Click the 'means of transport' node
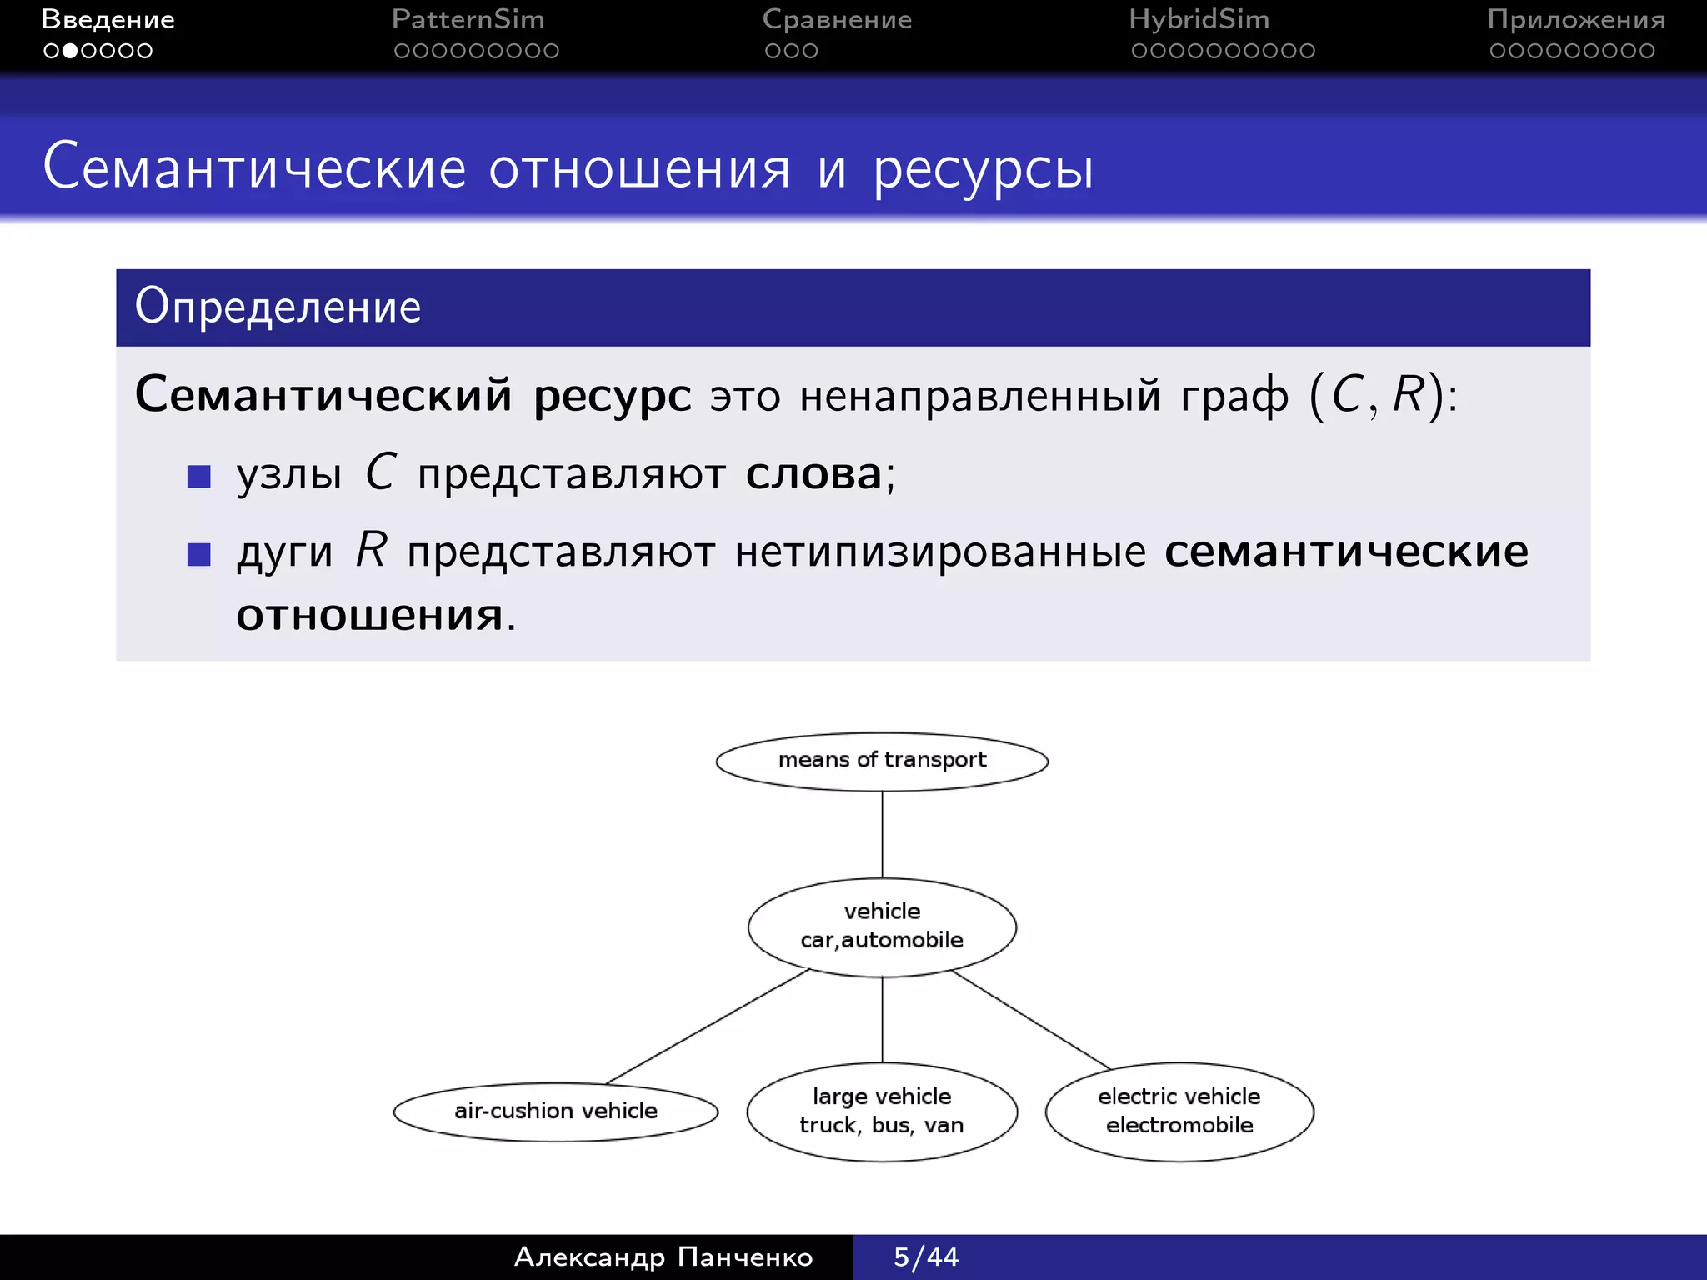[x=882, y=761]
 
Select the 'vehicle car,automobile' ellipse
[x=882, y=926]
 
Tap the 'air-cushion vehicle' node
[x=555, y=1111]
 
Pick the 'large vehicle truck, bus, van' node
[x=882, y=1111]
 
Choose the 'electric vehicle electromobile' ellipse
[x=1179, y=1111]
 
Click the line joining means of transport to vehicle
[x=882, y=834]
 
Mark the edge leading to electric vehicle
[x=1031, y=1019]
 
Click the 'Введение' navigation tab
[x=108, y=19]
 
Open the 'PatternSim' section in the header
[x=468, y=19]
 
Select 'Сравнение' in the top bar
[x=837, y=19]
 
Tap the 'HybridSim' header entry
[x=1199, y=19]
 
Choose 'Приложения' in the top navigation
[x=1576, y=19]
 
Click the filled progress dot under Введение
[x=70, y=51]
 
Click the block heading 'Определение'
[x=278, y=307]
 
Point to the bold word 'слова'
[x=813, y=474]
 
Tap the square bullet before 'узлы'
[x=199, y=477]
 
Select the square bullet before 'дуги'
[x=199, y=554]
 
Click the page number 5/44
[x=926, y=1257]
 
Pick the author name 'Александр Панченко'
[x=663, y=1257]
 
